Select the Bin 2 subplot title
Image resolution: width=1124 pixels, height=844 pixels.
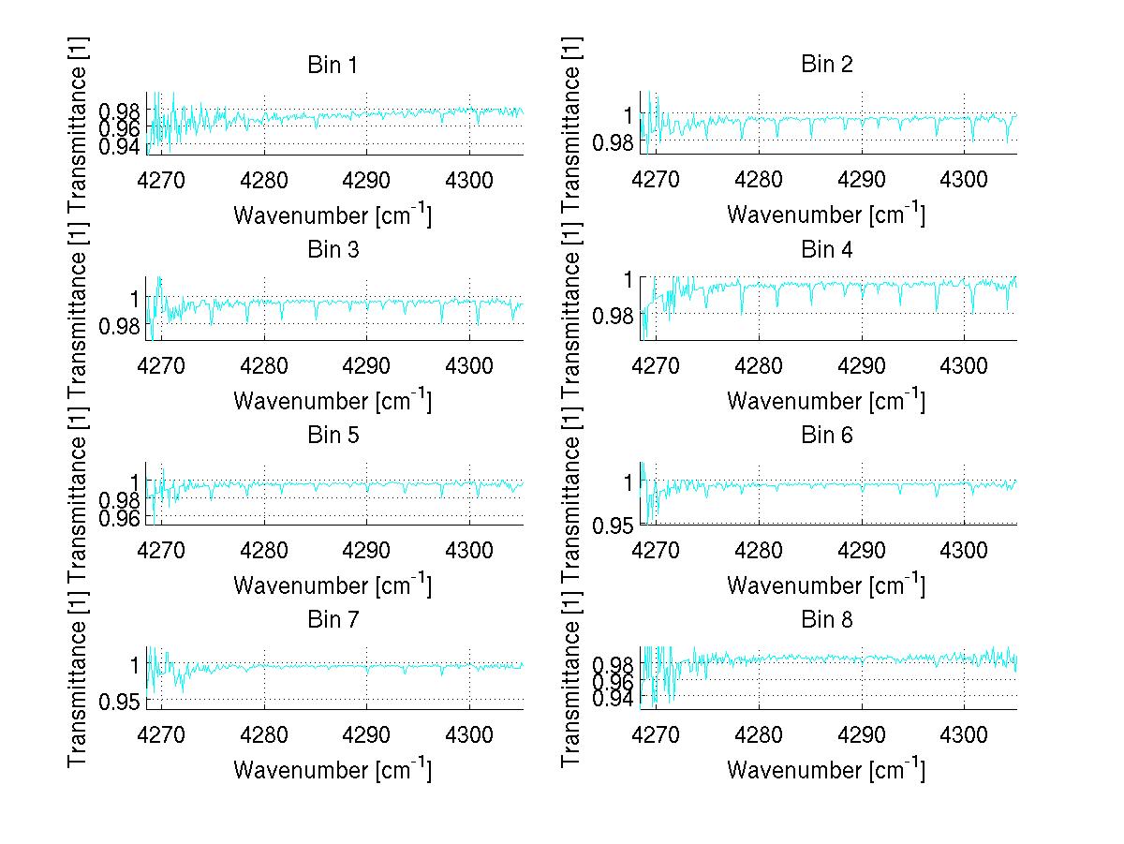pos(826,66)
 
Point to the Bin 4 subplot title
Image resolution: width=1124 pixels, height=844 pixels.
pos(826,250)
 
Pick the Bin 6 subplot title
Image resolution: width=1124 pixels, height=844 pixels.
pos(826,436)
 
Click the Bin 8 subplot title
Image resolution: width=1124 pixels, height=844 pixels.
pos(826,620)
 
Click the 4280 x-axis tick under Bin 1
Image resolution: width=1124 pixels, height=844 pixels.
pos(264,179)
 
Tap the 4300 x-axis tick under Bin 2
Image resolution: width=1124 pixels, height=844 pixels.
pos(965,179)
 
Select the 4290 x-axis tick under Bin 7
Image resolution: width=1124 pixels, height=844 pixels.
pos(366,733)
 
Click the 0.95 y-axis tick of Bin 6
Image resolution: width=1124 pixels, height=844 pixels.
pos(615,524)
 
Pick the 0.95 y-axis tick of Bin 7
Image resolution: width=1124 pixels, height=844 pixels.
pos(121,701)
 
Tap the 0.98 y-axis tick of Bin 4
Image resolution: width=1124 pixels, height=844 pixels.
pos(615,315)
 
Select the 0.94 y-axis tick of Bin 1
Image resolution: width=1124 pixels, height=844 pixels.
pos(121,146)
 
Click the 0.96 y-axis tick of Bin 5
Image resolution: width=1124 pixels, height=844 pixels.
pos(121,517)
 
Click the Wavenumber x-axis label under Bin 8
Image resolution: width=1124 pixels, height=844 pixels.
pos(826,770)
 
